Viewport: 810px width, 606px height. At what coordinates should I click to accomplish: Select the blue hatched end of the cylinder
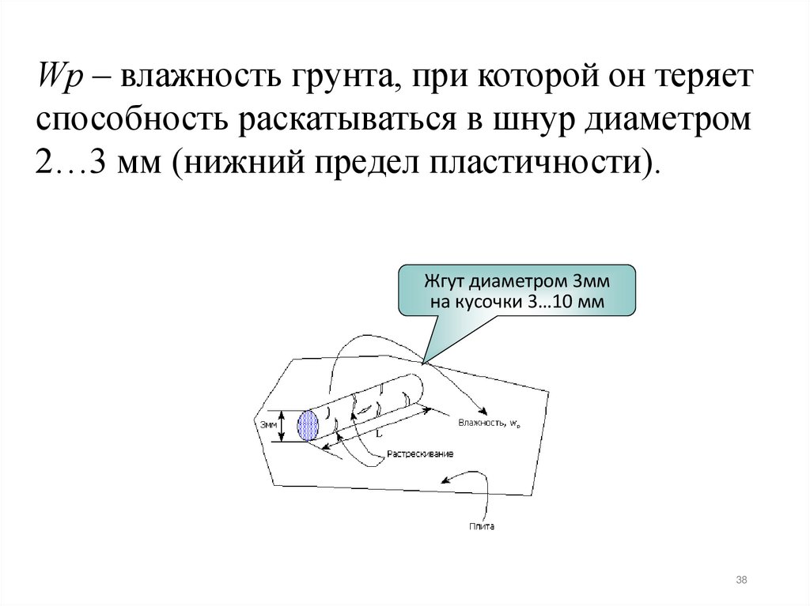(x=307, y=425)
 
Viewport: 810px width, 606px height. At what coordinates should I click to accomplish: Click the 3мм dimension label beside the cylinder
(x=268, y=424)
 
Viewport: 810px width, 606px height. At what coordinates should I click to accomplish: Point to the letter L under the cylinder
(x=378, y=433)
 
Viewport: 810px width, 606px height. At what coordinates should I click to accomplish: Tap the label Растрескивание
(x=420, y=454)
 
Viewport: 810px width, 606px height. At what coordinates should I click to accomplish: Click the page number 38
(x=741, y=581)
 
